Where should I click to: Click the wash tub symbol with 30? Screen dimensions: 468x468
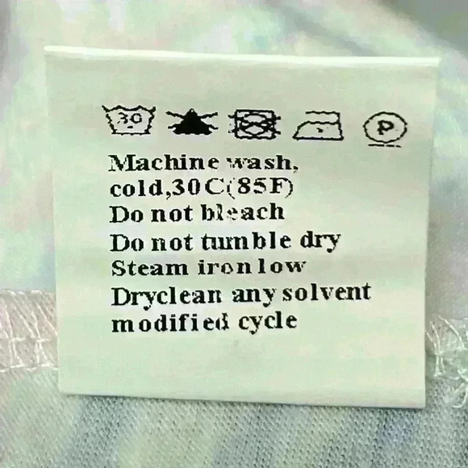pyautogui.click(x=129, y=119)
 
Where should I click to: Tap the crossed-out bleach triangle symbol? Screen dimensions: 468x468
pyautogui.click(x=192, y=122)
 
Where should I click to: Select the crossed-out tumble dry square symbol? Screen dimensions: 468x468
pyautogui.click(x=254, y=124)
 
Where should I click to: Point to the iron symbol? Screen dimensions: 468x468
pyautogui.click(x=318, y=126)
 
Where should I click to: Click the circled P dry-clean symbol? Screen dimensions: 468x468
pyautogui.click(x=385, y=127)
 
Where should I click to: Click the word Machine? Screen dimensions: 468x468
pyautogui.click(x=163, y=163)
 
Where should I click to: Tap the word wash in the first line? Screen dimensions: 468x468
pyautogui.click(x=261, y=164)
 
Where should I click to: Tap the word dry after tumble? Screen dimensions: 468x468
pyautogui.click(x=320, y=243)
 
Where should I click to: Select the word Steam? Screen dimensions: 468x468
pyautogui.click(x=150, y=268)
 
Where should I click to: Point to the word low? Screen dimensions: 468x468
pyautogui.click(x=282, y=266)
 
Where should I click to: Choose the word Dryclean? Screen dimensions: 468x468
pyautogui.click(x=167, y=296)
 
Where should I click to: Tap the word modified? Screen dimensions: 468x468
pyautogui.click(x=170, y=323)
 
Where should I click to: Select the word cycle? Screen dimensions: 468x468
pyautogui.click(x=268, y=323)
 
